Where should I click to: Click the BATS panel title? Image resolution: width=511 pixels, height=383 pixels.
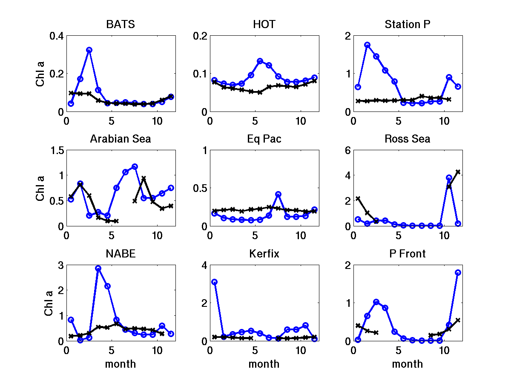point(121,25)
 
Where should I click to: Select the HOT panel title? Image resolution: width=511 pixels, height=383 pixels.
point(264,25)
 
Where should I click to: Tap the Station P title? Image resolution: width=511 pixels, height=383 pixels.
point(408,25)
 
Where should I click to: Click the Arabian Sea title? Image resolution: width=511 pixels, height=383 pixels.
point(121,139)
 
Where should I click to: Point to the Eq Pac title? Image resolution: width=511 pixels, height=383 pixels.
point(264,139)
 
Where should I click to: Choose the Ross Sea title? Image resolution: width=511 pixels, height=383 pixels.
point(408,139)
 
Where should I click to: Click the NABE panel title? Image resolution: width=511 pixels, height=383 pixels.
point(121,254)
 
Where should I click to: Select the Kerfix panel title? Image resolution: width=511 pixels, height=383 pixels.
point(264,254)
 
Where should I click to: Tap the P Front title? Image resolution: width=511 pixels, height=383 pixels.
point(408,254)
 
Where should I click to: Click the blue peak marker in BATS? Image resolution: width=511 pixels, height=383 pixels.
point(89,50)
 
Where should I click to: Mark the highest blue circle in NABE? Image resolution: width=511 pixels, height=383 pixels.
point(98,269)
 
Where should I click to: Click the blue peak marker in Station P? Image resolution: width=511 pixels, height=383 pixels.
point(367,45)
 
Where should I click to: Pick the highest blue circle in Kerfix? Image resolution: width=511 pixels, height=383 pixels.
point(215,282)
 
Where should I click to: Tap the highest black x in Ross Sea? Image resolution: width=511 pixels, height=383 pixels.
point(458,172)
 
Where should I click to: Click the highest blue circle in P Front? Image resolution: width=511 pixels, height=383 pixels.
point(458,272)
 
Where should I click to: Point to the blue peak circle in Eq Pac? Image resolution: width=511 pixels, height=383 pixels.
point(278,194)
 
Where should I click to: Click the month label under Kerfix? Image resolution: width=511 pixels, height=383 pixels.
point(264,364)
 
